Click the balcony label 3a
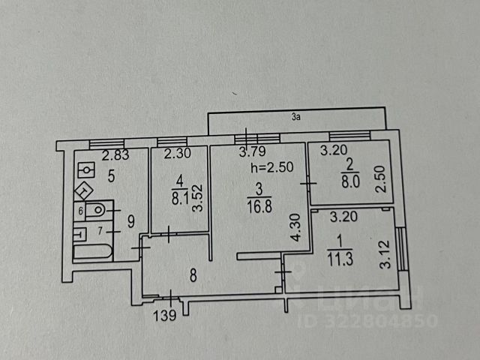pyautogui.click(x=297, y=116)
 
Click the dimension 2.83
pyautogui.click(x=115, y=155)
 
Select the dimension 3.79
pyautogui.click(x=252, y=154)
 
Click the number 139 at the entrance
pyautogui.click(x=166, y=316)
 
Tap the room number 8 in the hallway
pyautogui.click(x=193, y=274)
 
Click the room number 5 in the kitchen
pyautogui.click(x=111, y=177)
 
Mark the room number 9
pyautogui.click(x=130, y=220)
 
